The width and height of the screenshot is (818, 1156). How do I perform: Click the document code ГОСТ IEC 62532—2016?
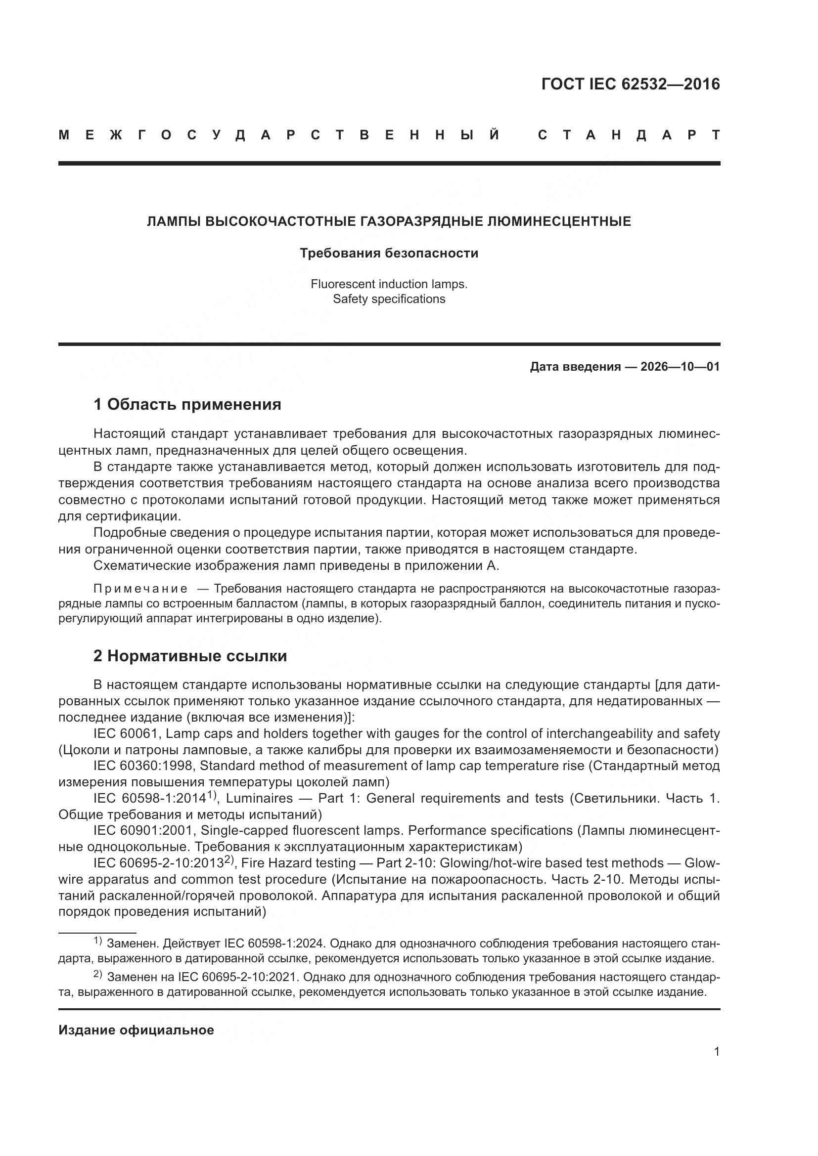(630, 84)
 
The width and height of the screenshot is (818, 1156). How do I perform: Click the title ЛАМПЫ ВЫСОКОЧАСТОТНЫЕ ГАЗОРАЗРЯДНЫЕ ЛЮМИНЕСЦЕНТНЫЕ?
(389, 221)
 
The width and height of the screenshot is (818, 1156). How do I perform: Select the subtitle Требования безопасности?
(389, 253)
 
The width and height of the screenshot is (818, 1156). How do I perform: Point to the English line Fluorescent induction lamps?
(389, 284)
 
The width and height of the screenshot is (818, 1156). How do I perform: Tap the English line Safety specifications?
(389, 299)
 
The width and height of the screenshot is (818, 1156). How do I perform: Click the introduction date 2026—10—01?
(680, 367)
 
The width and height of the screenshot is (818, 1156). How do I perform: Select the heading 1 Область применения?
(187, 404)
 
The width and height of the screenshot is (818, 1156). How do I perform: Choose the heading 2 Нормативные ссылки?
(190, 656)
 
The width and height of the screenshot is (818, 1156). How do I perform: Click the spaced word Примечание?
(140, 589)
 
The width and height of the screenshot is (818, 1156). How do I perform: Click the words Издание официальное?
(136, 1030)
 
